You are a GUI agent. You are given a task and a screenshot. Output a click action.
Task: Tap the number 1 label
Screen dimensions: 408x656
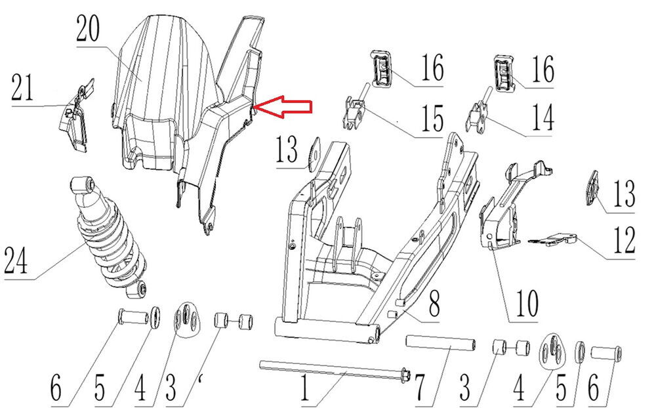tap(303, 388)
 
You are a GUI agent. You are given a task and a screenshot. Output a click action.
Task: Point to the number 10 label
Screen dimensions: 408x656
tap(527, 304)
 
